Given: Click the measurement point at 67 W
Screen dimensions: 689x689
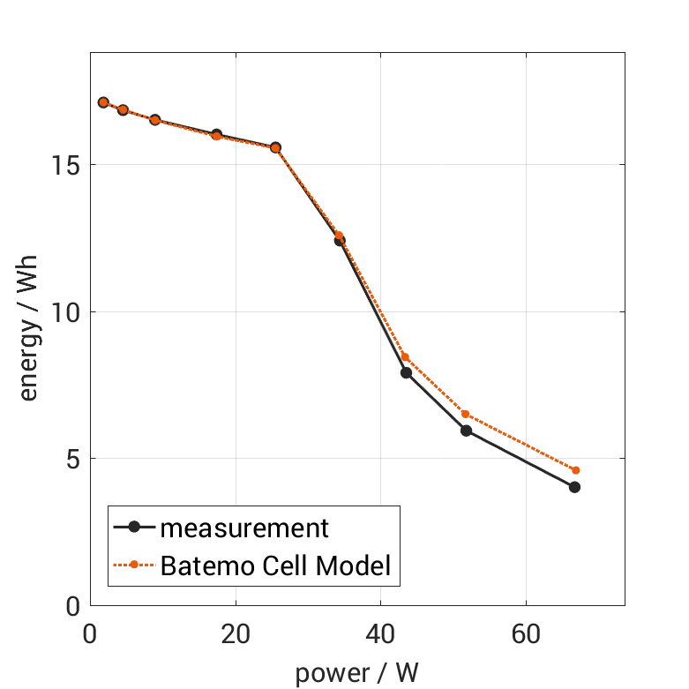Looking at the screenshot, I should pyautogui.click(x=574, y=487).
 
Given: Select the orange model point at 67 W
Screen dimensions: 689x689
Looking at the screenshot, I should pyautogui.click(x=575, y=470).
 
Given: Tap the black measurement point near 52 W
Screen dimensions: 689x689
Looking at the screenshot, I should pyautogui.click(x=466, y=431).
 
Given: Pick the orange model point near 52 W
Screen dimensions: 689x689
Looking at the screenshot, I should pyautogui.click(x=465, y=415).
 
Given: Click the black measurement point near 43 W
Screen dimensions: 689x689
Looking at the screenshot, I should pyautogui.click(x=406, y=372).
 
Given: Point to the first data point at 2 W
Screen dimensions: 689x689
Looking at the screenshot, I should pyautogui.click(x=103, y=102).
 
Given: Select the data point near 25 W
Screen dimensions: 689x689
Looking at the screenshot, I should pyautogui.click(x=275, y=147).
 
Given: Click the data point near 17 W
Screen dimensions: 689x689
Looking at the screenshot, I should pyautogui.click(x=216, y=135).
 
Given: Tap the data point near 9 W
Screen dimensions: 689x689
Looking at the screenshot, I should pyautogui.click(x=154, y=119).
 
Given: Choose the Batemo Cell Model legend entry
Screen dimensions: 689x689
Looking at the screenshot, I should pyautogui.click(x=274, y=565).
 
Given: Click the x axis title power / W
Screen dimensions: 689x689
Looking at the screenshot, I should pyautogui.click(x=356, y=672).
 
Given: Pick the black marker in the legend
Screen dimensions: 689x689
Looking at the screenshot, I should pyautogui.click(x=134, y=528).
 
